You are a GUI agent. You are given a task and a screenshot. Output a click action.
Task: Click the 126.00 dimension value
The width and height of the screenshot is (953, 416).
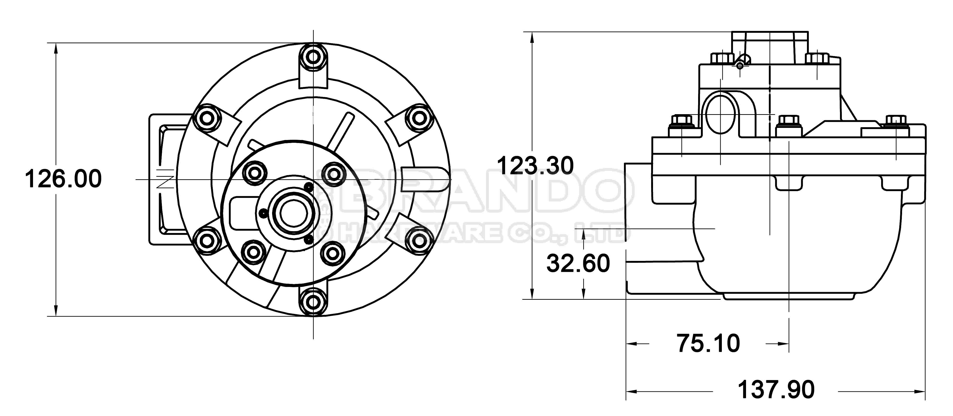tap(63, 179)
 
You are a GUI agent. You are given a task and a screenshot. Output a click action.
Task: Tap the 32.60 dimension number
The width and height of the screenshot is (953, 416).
tap(578, 264)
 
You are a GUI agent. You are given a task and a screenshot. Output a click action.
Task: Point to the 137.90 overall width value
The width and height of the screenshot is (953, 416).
tap(776, 390)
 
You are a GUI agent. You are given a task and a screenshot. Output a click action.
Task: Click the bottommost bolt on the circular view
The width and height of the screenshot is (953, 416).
tap(313, 302)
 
